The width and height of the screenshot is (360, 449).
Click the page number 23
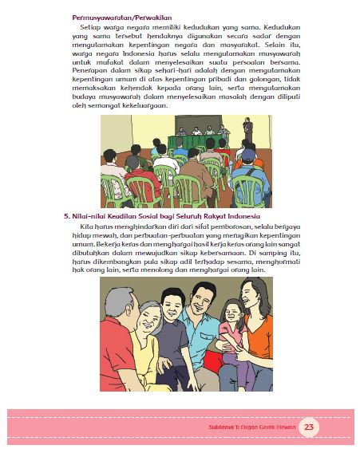[310, 427]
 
